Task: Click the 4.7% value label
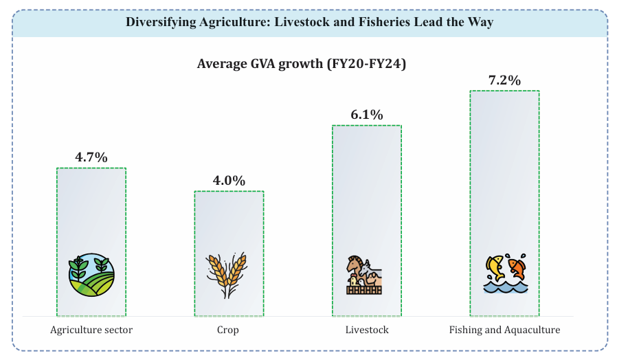coord(91,157)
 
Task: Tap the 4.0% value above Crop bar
coord(229,181)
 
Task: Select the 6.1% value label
coord(366,115)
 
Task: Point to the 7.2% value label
coord(504,80)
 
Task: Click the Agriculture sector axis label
coord(91,330)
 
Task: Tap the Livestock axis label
coord(367,330)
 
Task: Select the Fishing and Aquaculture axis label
coord(504,330)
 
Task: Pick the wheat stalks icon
coord(227,274)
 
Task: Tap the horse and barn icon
coord(364,275)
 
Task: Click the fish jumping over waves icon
coord(504,274)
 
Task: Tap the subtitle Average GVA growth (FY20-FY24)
coord(302,64)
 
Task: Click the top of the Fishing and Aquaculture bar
coord(504,92)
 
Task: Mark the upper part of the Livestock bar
coord(366,137)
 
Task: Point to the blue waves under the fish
coord(504,286)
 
